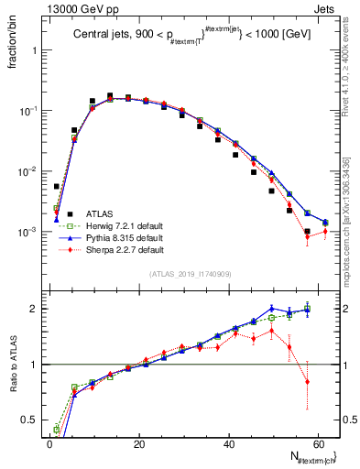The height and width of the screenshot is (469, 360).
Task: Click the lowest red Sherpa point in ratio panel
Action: click(308, 382)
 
